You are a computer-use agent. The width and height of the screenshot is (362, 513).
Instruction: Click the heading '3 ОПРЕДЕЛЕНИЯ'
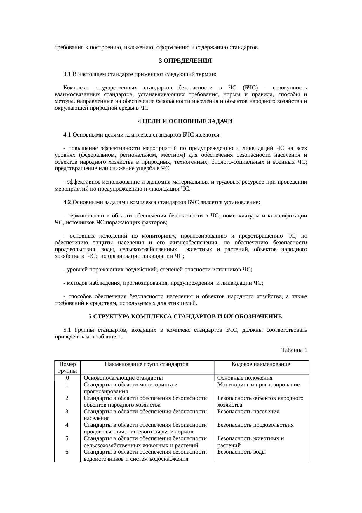185,61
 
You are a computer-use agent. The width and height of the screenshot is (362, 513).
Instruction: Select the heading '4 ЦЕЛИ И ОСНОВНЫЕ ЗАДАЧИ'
185,121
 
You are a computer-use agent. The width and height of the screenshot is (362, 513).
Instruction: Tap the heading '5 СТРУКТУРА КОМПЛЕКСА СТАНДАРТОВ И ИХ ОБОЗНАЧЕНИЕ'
185,317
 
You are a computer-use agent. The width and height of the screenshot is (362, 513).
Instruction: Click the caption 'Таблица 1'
294,350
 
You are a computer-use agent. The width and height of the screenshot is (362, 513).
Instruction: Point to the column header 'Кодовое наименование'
261,364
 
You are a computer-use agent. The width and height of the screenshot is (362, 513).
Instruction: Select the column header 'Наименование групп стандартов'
146,364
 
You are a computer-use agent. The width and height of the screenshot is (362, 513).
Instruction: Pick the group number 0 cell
67,378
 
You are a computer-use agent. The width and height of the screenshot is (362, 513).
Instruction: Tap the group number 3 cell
67,412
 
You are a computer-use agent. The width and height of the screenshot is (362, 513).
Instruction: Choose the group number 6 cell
67,452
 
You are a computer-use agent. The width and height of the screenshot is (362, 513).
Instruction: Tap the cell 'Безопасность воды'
241,452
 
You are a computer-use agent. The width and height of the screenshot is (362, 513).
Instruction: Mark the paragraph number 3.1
67,74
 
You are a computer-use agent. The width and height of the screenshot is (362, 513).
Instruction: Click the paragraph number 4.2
67,202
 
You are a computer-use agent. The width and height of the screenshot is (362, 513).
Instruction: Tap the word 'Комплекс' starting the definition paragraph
74,88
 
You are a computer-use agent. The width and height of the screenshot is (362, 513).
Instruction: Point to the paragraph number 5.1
67,330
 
